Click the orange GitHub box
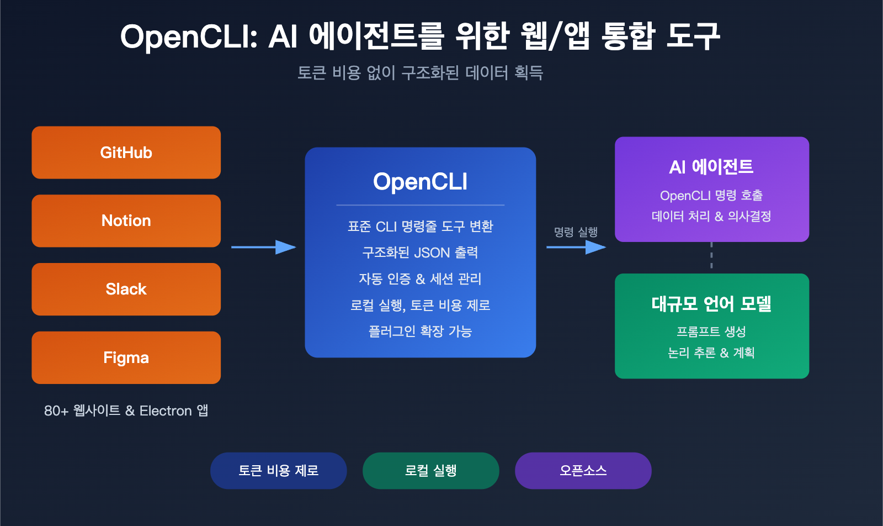(x=126, y=152)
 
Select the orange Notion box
(x=126, y=221)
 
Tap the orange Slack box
(x=126, y=290)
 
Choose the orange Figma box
(x=126, y=358)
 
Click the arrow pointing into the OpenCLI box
(x=264, y=247)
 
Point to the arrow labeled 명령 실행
(x=576, y=247)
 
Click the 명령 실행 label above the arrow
(x=576, y=232)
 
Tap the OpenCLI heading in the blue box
(x=420, y=182)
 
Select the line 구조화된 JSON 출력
(x=420, y=253)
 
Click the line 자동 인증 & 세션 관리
(x=420, y=279)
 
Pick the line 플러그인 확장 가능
(x=420, y=332)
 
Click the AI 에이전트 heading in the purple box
(x=711, y=167)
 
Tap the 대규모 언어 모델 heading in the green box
(x=711, y=304)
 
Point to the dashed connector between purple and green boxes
(x=711, y=257)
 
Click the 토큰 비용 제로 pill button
(x=278, y=471)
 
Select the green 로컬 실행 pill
(x=430, y=471)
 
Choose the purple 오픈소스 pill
(x=583, y=471)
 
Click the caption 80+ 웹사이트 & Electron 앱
(x=126, y=411)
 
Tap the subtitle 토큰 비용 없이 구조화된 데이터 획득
(x=420, y=73)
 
